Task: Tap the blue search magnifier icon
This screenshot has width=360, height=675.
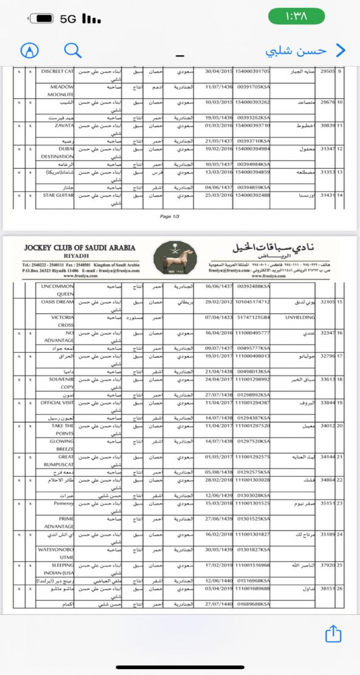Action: pyautogui.click(x=72, y=50)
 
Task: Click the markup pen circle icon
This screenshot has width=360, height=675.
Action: pyautogui.click(x=30, y=50)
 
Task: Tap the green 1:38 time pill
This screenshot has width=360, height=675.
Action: pyautogui.click(x=297, y=17)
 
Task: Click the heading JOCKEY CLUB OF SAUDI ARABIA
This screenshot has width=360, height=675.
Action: pyautogui.click(x=80, y=248)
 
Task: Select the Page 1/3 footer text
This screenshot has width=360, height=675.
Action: pyautogui.click(x=170, y=216)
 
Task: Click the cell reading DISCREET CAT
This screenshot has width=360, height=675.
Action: pyautogui.click(x=57, y=72)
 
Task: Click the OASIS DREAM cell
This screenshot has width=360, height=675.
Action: pyautogui.click(x=57, y=301)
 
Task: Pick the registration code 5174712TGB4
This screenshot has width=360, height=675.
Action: pyautogui.click(x=254, y=317)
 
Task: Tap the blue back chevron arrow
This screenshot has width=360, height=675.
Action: pyautogui.click(x=341, y=50)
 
